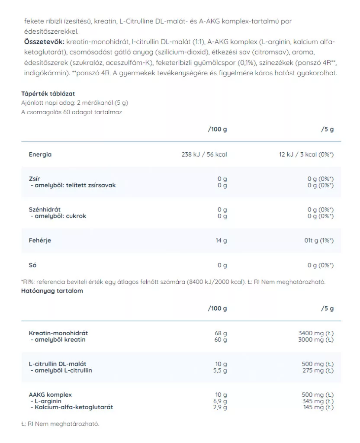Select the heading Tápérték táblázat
48,93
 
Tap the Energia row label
40,154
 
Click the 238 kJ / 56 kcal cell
204,154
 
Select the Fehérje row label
40,241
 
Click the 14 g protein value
221,241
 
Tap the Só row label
32,265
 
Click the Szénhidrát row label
45,210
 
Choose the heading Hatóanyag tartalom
52,291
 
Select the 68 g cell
221,334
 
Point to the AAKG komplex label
50,395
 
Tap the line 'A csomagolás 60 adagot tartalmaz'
71,112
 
